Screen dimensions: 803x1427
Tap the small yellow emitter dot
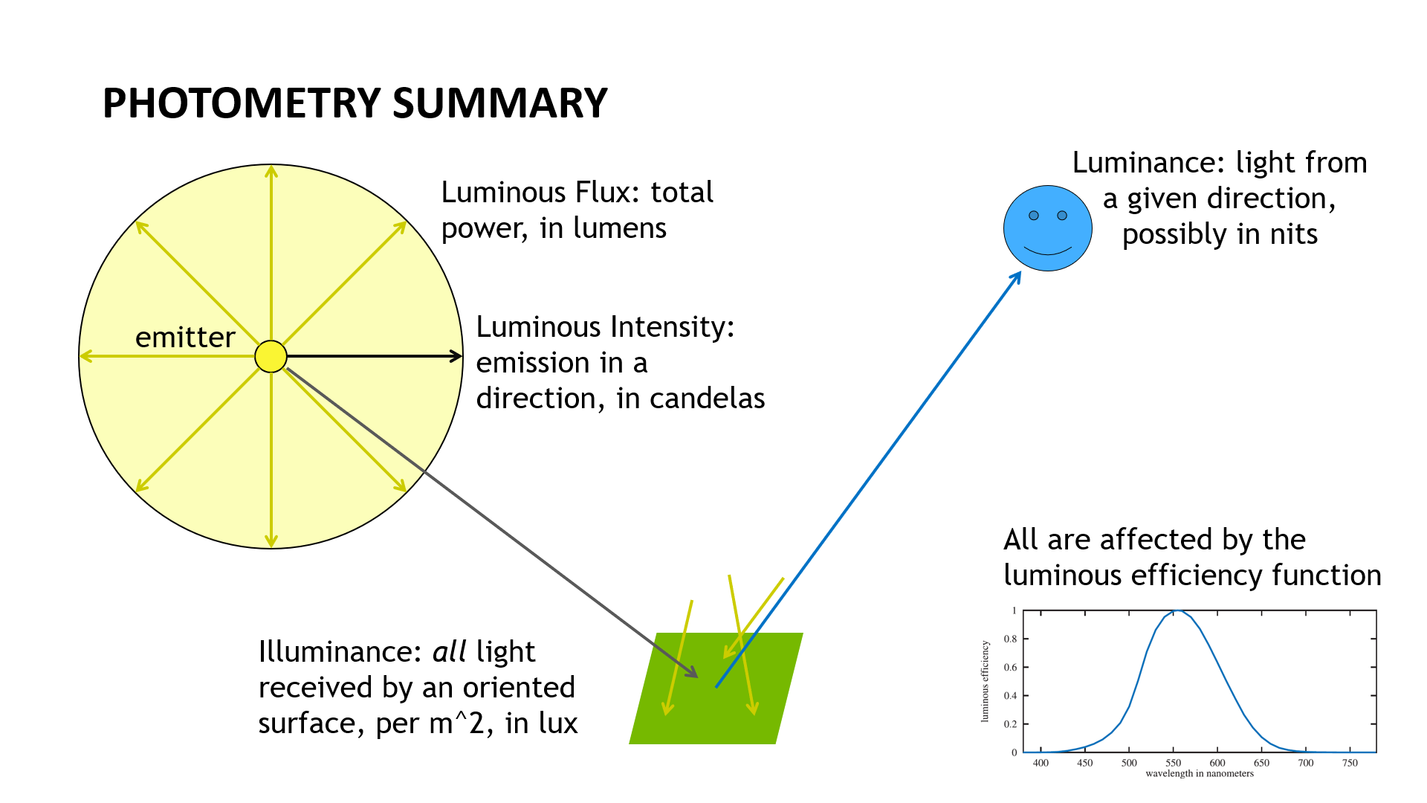[x=271, y=356]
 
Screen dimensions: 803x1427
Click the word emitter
[x=185, y=338]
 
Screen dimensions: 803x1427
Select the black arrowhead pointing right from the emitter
[x=456, y=356]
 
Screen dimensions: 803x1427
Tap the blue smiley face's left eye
[x=1033, y=216]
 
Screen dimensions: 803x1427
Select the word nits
[x=1293, y=235]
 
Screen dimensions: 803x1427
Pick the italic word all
[x=449, y=652]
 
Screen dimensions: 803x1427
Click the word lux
[x=557, y=723]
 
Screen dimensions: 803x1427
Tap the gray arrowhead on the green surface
[x=692, y=672]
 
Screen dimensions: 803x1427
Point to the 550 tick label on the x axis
[x=1173, y=763]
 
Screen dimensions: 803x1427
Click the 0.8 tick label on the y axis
[x=1010, y=639]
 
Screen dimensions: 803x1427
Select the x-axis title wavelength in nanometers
[x=1199, y=774]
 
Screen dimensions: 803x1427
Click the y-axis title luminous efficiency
[x=986, y=681]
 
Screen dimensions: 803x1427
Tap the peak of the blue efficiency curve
[x=1177, y=610]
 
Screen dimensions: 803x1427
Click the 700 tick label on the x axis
[x=1305, y=763]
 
